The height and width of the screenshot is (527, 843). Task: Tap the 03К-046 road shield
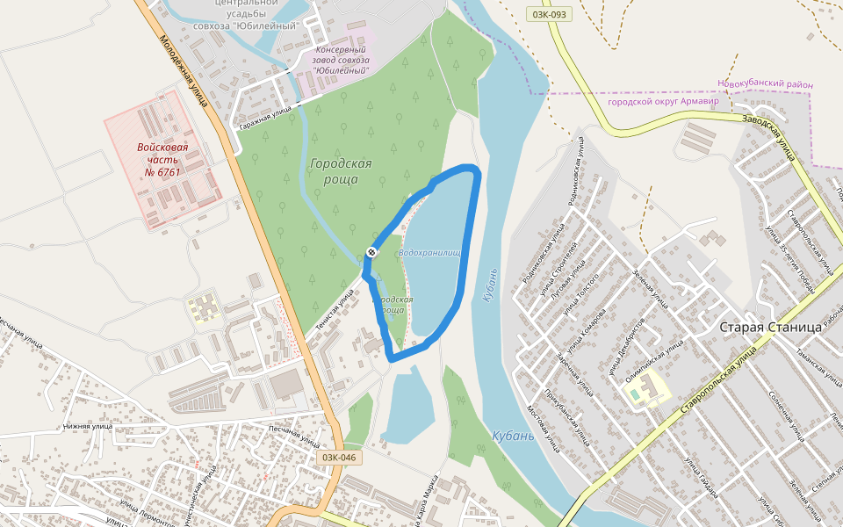(339, 458)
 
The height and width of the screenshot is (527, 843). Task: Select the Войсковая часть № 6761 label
(162, 159)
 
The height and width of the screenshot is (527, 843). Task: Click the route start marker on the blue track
(371, 253)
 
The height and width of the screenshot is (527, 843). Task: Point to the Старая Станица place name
(770, 327)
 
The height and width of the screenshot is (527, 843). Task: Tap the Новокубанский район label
(765, 84)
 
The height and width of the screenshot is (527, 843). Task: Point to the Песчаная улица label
(292, 433)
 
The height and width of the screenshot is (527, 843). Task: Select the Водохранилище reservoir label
(430, 253)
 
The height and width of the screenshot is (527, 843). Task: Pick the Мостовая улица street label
(542, 427)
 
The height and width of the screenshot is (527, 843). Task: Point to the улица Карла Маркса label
(429, 501)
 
